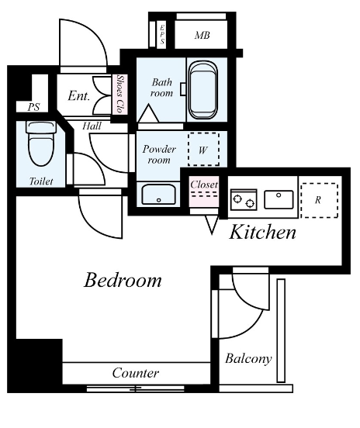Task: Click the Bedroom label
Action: click(123, 280)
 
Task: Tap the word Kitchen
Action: click(262, 233)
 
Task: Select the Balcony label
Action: click(248, 359)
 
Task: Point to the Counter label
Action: click(136, 373)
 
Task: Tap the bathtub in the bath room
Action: click(203, 90)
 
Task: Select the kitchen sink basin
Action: click(279, 199)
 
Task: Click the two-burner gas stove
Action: click(244, 199)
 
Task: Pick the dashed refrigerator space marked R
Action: click(320, 201)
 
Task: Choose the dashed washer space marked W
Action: click(203, 150)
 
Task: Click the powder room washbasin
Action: click(159, 195)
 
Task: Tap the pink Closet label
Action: click(204, 185)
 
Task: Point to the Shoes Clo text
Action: click(119, 94)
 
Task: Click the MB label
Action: click(202, 35)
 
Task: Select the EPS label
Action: click(162, 34)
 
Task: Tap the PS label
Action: click(33, 107)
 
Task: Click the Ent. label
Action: click(78, 96)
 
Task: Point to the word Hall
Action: click(92, 126)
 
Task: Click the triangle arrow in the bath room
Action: click(149, 113)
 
